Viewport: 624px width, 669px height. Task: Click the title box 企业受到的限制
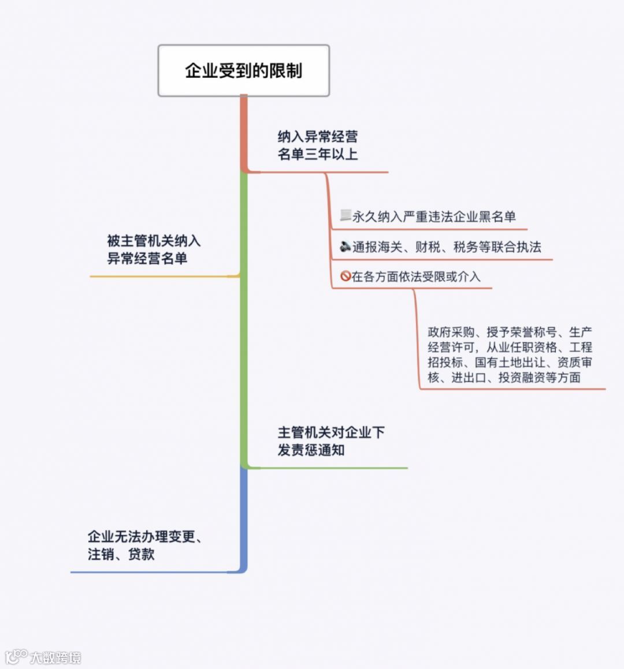click(x=243, y=70)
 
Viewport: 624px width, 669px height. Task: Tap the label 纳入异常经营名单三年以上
click(x=317, y=145)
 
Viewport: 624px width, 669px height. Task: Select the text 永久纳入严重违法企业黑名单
click(x=433, y=216)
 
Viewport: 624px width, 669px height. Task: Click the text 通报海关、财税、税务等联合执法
click(x=446, y=247)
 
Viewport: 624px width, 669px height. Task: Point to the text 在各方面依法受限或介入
click(x=415, y=276)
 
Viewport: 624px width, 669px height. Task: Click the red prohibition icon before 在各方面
click(x=346, y=276)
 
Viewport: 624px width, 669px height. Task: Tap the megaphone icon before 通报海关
click(x=346, y=246)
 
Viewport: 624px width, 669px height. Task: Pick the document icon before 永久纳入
click(x=346, y=216)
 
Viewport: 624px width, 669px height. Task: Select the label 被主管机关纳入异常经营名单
click(x=153, y=249)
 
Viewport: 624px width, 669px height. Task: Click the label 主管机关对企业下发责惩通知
click(x=330, y=441)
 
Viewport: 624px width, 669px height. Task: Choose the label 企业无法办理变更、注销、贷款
click(x=144, y=545)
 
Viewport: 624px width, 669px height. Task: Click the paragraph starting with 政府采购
click(x=510, y=354)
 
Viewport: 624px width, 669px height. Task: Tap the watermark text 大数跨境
click(x=55, y=657)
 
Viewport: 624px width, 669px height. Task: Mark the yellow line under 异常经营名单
click(x=162, y=276)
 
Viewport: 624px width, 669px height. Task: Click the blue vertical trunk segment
click(x=243, y=519)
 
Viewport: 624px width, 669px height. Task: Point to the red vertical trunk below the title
click(x=243, y=133)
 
